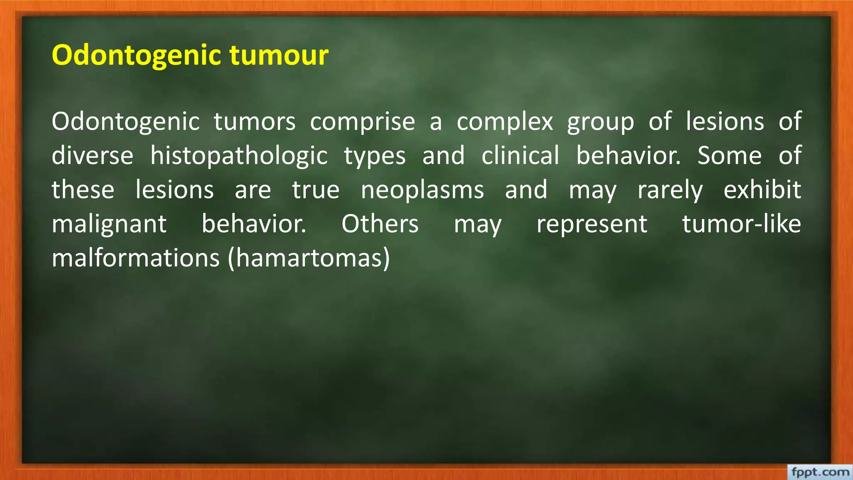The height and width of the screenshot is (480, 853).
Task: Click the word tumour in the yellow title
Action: coord(279,55)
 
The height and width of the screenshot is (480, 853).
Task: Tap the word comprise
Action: coord(362,122)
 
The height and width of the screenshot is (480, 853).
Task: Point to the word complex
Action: coord(505,122)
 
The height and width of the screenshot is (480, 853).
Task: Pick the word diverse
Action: coord(92,156)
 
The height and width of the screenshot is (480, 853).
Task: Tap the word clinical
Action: coord(520,156)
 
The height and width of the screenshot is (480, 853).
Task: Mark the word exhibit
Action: coord(762,190)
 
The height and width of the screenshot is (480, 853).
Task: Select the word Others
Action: coord(380,225)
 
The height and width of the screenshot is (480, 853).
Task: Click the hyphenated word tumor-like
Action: coord(741,225)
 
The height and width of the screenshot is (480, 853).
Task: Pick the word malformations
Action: coord(135,259)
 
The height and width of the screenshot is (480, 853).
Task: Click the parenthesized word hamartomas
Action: coord(309,259)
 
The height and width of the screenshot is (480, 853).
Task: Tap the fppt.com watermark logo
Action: coord(820,472)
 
